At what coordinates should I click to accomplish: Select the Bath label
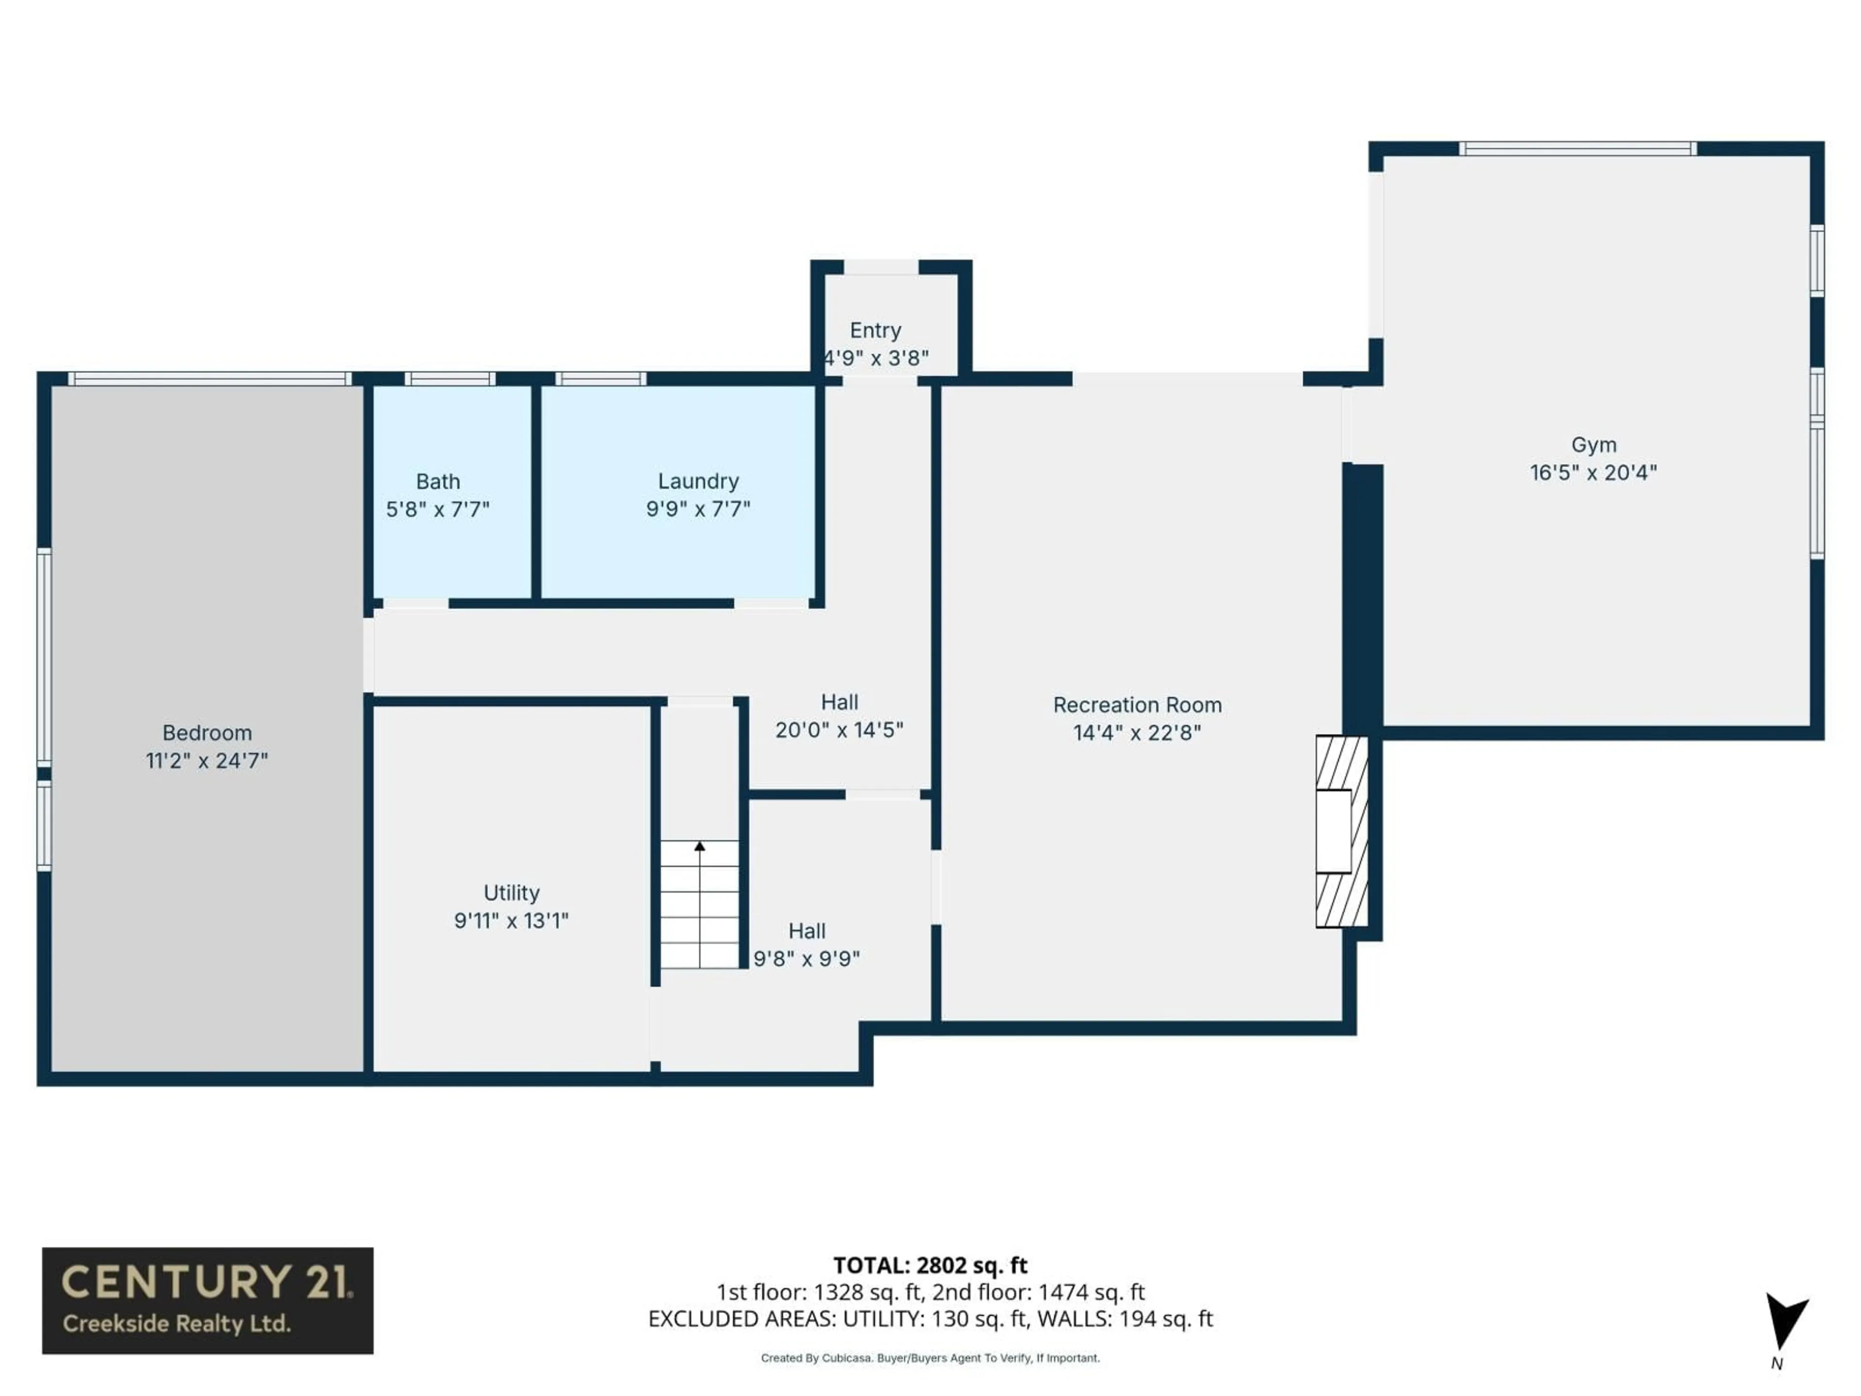[x=438, y=481]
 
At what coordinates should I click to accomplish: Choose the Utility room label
[x=511, y=892]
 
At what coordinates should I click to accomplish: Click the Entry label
[x=875, y=330]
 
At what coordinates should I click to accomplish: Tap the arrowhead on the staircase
[x=699, y=846]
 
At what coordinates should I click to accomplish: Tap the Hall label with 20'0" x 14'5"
[x=839, y=702]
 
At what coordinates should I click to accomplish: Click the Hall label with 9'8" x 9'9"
[x=806, y=931]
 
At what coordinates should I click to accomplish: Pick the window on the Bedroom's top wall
[x=209, y=379]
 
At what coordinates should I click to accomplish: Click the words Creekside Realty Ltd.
[x=177, y=1324]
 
